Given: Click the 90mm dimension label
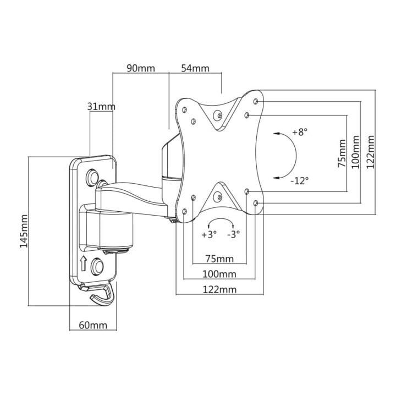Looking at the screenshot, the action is pyautogui.click(x=141, y=68).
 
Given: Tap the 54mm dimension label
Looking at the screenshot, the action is pyautogui.click(x=195, y=68).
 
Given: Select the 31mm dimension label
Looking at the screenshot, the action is pyautogui.click(x=101, y=107).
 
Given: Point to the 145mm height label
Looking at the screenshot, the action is pyautogui.click(x=24, y=231).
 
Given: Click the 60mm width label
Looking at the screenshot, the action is pyautogui.click(x=93, y=325).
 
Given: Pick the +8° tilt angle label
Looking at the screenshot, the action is pyautogui.click(x=300, y=132).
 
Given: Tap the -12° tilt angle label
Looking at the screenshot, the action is pyautogui.click(x=300, y=180).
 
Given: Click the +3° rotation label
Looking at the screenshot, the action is pyautogui.click(x=209, y=234).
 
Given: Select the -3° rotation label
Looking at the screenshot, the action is pyautogui.click(x=233, y=234).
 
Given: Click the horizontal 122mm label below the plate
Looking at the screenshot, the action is pyautogui.click(x=219, y=289).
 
